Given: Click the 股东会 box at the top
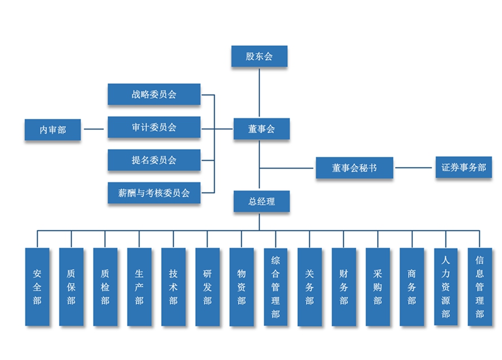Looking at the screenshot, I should pos(259,56).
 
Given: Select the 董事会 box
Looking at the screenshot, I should pos(261,129).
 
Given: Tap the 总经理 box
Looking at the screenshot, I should pos(261,201).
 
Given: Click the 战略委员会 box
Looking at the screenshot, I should pos(154,94).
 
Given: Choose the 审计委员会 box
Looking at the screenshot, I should pos(154,127).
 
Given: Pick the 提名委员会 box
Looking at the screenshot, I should pos(154,160).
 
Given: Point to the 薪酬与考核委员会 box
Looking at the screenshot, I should pos(154,193).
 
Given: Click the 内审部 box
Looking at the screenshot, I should pos(52,129).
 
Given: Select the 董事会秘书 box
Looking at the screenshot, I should pos(354,167).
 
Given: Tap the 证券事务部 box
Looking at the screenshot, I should pos(464,167).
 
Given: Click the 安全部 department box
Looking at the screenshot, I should pos(37,287).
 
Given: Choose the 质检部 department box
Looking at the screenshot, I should pos(105,287).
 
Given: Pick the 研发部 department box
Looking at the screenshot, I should pos(207,287).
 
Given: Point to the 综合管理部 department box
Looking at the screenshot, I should pos(276,287).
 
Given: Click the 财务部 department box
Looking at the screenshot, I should pos(344,287).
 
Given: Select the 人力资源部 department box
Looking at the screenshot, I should pos(446,287).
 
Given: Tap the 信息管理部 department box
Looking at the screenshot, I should pos(480,287).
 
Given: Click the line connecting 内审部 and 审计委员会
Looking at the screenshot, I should pos(94,129).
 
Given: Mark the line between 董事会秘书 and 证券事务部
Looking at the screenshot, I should pos(414,167).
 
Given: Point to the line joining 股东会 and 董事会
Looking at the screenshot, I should pos(259,93).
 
